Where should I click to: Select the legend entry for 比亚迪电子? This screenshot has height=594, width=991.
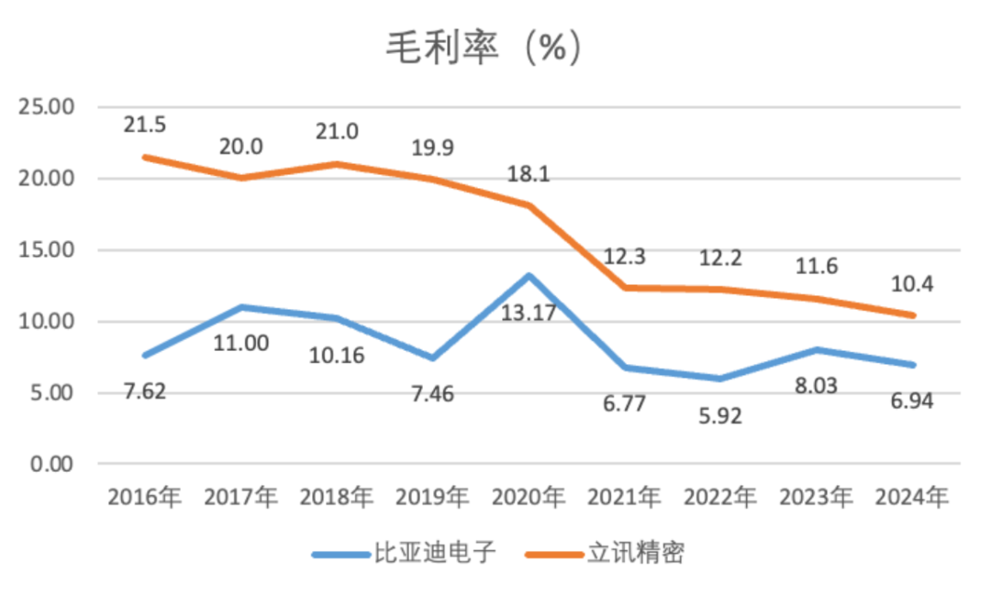click(404, 553)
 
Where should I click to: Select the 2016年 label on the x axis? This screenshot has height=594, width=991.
click(145, 498)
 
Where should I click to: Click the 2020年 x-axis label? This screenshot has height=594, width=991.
click(529, 498)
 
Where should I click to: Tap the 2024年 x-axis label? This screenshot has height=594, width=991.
click(912, 498)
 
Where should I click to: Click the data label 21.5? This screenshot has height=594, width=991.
click(145, 125)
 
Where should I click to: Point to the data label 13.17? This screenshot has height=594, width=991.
click(529, 313)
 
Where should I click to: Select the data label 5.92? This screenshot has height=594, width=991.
click(720, 415)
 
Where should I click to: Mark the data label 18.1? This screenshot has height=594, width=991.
click(529, 173)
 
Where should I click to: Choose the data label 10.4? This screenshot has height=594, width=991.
click(912, 283)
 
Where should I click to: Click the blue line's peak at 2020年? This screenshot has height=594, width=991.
click(529, 275)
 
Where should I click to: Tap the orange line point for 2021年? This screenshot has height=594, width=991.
click(625, 288)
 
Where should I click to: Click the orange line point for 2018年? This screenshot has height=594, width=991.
click(337, 164)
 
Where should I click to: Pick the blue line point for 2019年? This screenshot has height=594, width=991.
click(433, 357)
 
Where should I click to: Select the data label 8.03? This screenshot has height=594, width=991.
click(816, 386)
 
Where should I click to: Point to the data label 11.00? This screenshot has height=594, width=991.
click(240, 344)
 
